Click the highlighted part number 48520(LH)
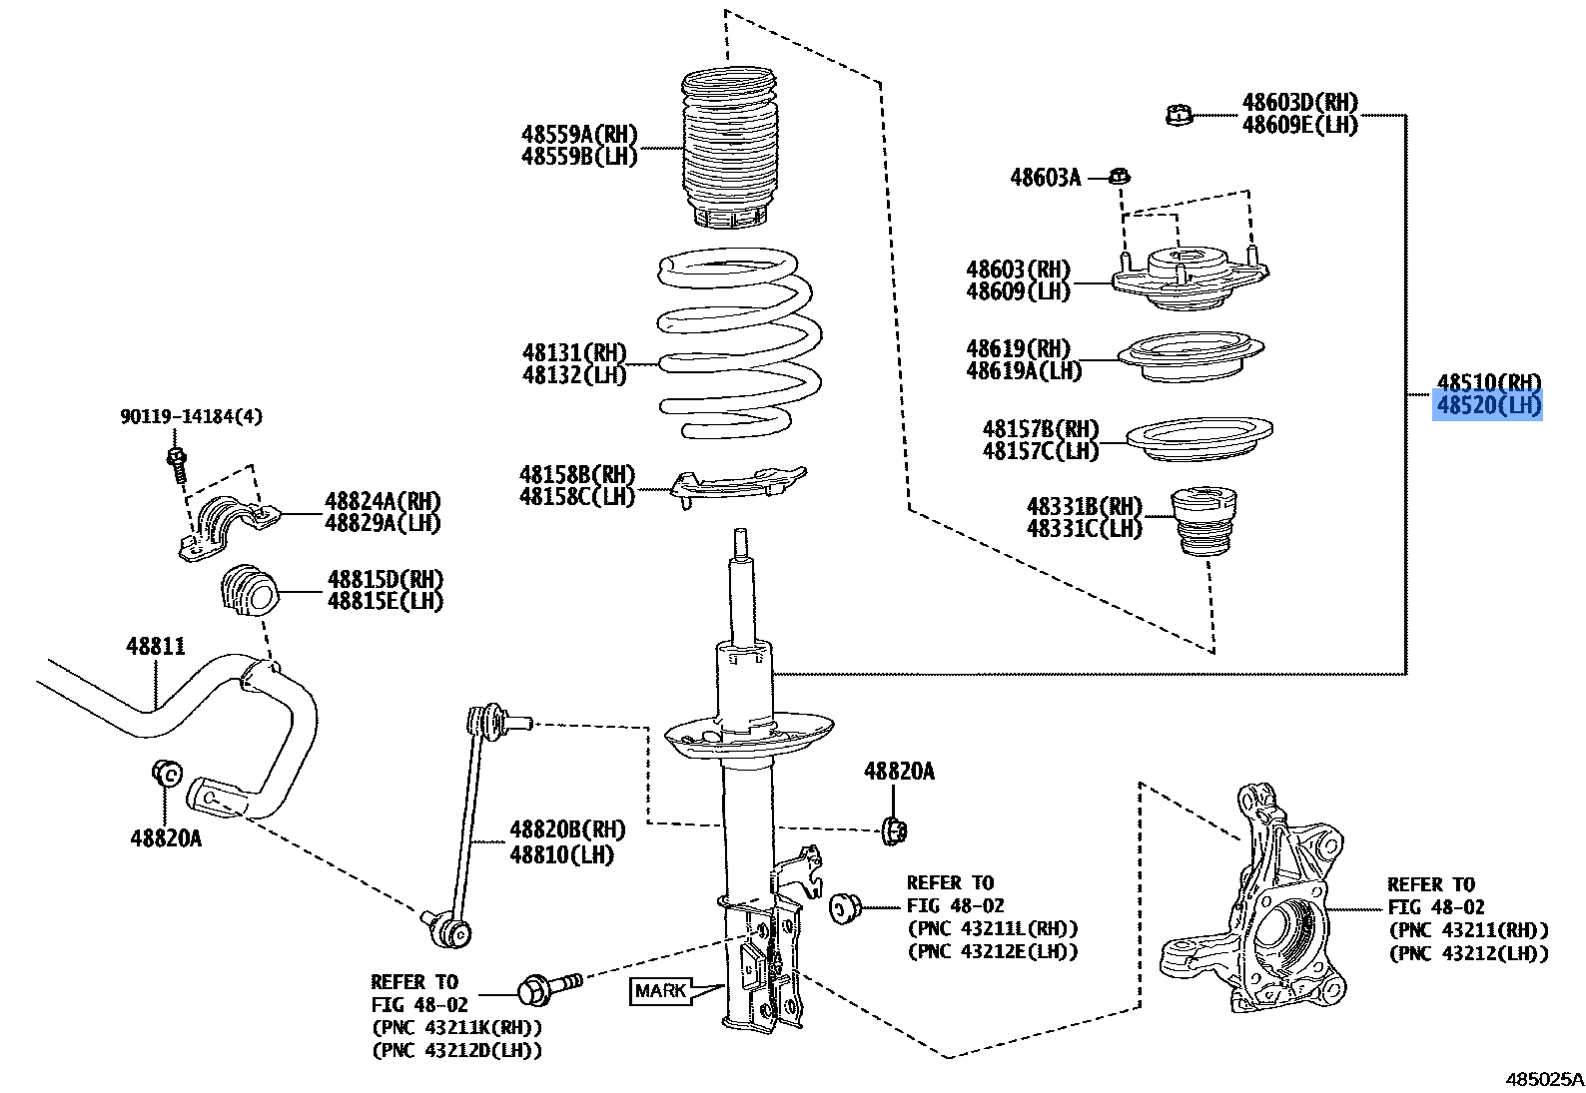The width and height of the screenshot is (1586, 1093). [1487, 405]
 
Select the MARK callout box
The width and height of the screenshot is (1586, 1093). [661, 990]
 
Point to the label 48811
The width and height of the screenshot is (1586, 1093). [156, 647]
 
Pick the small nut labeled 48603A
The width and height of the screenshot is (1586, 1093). [1121, 178]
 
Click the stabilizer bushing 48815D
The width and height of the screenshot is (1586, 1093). [247, 589]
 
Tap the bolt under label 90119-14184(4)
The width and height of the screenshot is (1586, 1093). [177, 462]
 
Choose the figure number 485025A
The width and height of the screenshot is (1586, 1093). [1544, 1079]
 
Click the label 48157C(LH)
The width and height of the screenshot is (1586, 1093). [1040, 451]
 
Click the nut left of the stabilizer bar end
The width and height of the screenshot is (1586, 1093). [166, 772]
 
